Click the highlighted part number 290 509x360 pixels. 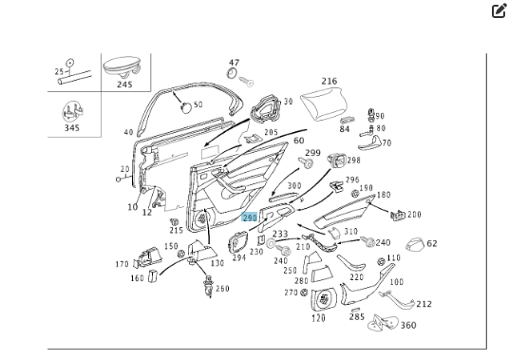tap(250, 218)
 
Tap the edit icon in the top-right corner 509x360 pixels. tap(499, 10)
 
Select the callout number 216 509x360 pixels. tap(330, 81)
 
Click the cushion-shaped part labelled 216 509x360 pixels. tap(323, 104)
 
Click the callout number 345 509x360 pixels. tap(72, 128)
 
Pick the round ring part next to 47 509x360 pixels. tap(232, 73)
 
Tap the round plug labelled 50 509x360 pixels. tap(186, 106)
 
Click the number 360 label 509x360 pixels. tap(408, 325)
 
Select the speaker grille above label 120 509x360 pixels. tap(323, 298)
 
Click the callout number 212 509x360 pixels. tap(424, 304)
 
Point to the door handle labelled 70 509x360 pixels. tap(371, 143)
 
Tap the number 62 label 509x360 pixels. tap(432, 243)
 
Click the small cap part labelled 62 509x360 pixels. tap(415, 244)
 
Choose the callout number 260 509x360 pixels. tap(222, 289)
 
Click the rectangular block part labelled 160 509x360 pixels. tap(153, 275)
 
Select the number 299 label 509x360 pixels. tap(313, 153)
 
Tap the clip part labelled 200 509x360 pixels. tap(397, 215)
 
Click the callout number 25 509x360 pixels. tap(59, 72)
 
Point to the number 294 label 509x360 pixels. tap(239, 257)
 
